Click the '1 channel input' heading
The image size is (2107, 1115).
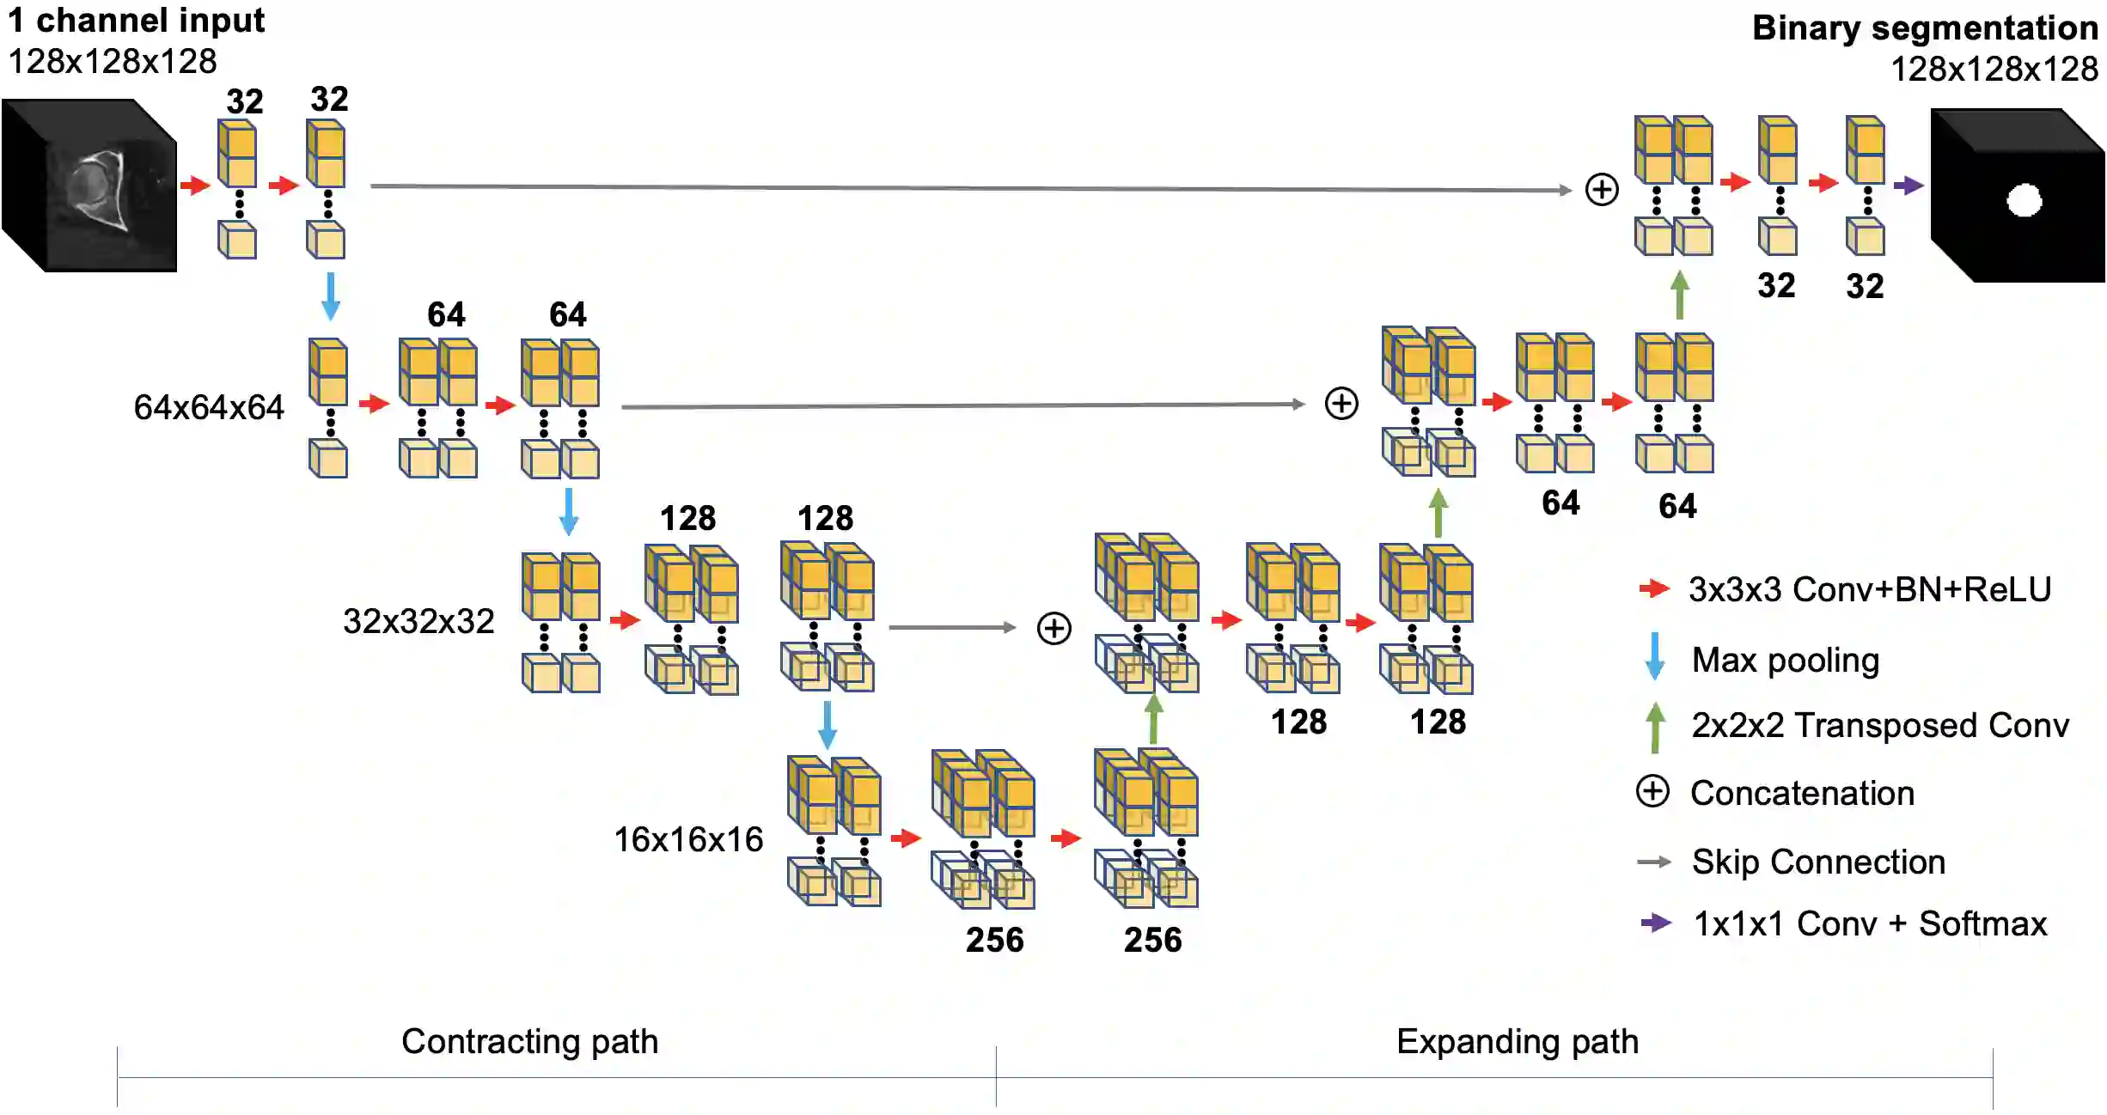point(136,21)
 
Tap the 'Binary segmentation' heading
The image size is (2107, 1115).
point(1924,28)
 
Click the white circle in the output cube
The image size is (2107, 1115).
point(2024,201)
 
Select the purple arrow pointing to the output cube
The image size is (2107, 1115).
point(1908,185)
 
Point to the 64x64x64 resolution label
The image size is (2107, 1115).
point(208,407)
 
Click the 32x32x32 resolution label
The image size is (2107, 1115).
point(418,621)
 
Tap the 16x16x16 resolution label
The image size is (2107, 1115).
point(687,839)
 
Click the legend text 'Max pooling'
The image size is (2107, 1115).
point(1785,660)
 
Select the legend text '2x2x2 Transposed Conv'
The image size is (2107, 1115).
point(1879,725)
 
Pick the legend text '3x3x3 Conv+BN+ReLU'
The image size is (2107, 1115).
point(1869,589)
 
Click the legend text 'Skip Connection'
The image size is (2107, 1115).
point(1817,862)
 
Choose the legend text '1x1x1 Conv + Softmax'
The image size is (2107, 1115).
point(1870,923)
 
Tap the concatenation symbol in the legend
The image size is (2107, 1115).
point(1652,791)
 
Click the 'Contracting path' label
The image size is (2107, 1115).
point(529,1041)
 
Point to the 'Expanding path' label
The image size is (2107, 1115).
point(1517,1041)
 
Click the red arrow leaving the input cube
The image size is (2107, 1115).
point(195,185)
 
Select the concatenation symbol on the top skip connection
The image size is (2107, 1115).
point(1601,189)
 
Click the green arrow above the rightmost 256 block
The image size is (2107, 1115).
point(1153,719)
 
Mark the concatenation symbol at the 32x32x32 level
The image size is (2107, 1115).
point(1053,628)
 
